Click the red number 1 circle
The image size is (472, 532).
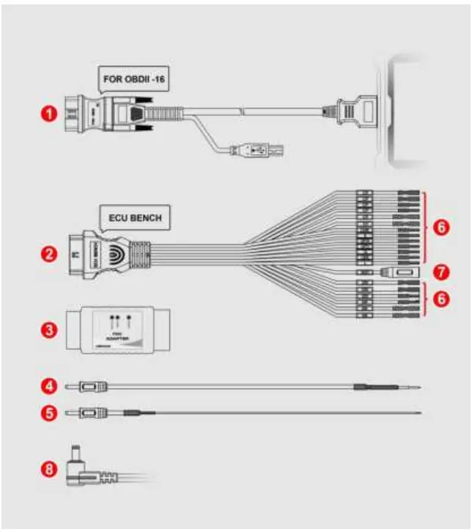[x=48, y=114]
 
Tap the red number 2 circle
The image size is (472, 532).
[x=48, y=255]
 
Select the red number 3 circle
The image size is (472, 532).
[x=48, y=329]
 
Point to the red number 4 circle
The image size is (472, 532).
[x=48, y=385]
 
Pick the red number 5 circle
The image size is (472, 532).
[x=48, y=413]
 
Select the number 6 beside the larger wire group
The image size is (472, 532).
[x=439, y=227]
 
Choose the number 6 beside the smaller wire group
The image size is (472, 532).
[x=439, y=300]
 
